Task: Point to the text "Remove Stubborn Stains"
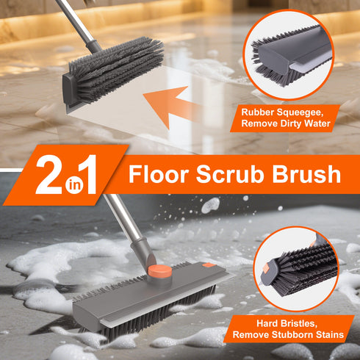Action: tap(287, 335)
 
